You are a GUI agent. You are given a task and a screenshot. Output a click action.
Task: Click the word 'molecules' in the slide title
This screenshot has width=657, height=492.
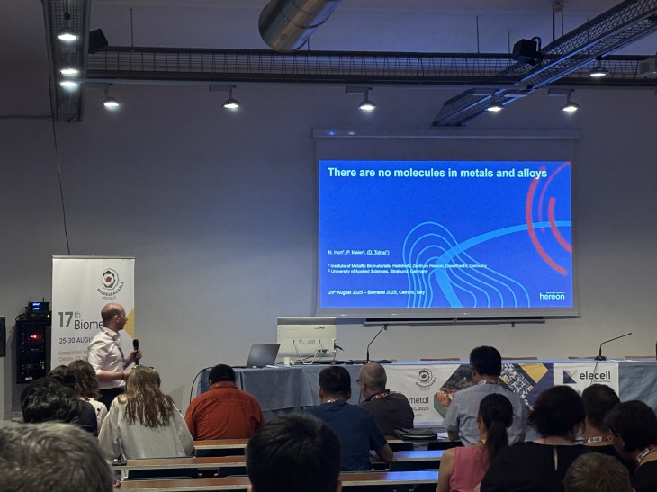point(415,172)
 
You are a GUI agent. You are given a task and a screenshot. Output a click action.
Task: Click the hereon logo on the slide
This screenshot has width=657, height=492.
point(552,295)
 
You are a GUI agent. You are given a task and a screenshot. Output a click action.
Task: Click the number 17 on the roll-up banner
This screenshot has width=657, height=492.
point(65,320)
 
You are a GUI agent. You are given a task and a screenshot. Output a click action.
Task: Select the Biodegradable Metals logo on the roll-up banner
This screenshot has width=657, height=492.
point(110,282)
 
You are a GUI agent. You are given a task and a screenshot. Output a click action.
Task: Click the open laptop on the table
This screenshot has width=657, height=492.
point(262,355)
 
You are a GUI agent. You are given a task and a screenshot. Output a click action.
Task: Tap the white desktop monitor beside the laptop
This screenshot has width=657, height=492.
point(305,337)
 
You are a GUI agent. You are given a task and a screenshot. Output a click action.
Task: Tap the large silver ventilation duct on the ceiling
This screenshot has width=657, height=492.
point(297,22)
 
